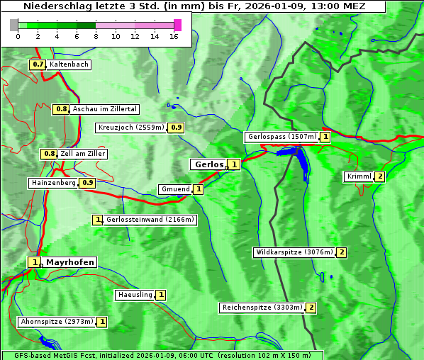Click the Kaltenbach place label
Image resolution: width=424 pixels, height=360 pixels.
pos(69,64)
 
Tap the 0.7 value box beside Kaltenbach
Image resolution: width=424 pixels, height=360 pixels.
pos(38,64)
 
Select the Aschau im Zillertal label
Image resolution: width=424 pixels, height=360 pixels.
pos(104,109)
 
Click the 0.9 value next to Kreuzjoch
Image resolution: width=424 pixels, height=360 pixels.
pos(176,128)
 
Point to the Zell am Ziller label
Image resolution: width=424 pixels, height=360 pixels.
pos(82,154)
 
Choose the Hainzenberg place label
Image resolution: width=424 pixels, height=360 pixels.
pos(53,183)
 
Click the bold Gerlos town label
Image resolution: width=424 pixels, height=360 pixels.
pos(208,164)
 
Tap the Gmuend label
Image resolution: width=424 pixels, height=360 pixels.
pos(175,189)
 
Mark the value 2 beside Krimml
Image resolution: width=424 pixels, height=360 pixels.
pos(380,176)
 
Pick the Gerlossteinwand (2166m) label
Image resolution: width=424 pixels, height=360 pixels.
pos(150,220)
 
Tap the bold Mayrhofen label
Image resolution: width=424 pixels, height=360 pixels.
pos(69,262)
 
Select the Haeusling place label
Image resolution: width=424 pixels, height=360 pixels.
pos(135,295)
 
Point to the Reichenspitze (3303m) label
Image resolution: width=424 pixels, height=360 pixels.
pos(262,308)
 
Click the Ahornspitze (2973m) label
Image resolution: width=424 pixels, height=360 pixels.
pos(57,322)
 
